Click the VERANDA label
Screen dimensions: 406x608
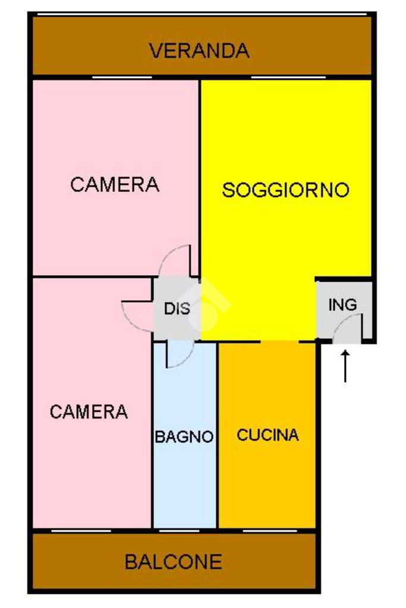click(x=199, y=51)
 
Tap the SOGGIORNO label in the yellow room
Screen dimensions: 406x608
click(x=285, y=190)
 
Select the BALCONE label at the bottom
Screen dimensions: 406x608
click(x=173, y=562)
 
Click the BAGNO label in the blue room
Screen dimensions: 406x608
click(x=184, y=437)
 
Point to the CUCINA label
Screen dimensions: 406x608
click(x=267, y=435)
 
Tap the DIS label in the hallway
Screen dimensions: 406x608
click(x=177, y=309)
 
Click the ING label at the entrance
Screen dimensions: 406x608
click(x=343, y=305)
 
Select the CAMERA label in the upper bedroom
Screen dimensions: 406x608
click(x=115, y=184)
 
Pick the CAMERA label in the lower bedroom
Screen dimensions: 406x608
click(x=89, y=411)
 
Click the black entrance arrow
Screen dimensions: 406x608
click(x=345, y=366)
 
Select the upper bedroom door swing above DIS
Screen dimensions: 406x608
click(x=177, y=261)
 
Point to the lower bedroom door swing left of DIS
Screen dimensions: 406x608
click(x=137, y=313)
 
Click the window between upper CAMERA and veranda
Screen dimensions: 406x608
click(x=122, y=77)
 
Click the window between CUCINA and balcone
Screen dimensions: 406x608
click(x=267, y=530)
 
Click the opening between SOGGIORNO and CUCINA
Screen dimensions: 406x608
click(x=279, y=342)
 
